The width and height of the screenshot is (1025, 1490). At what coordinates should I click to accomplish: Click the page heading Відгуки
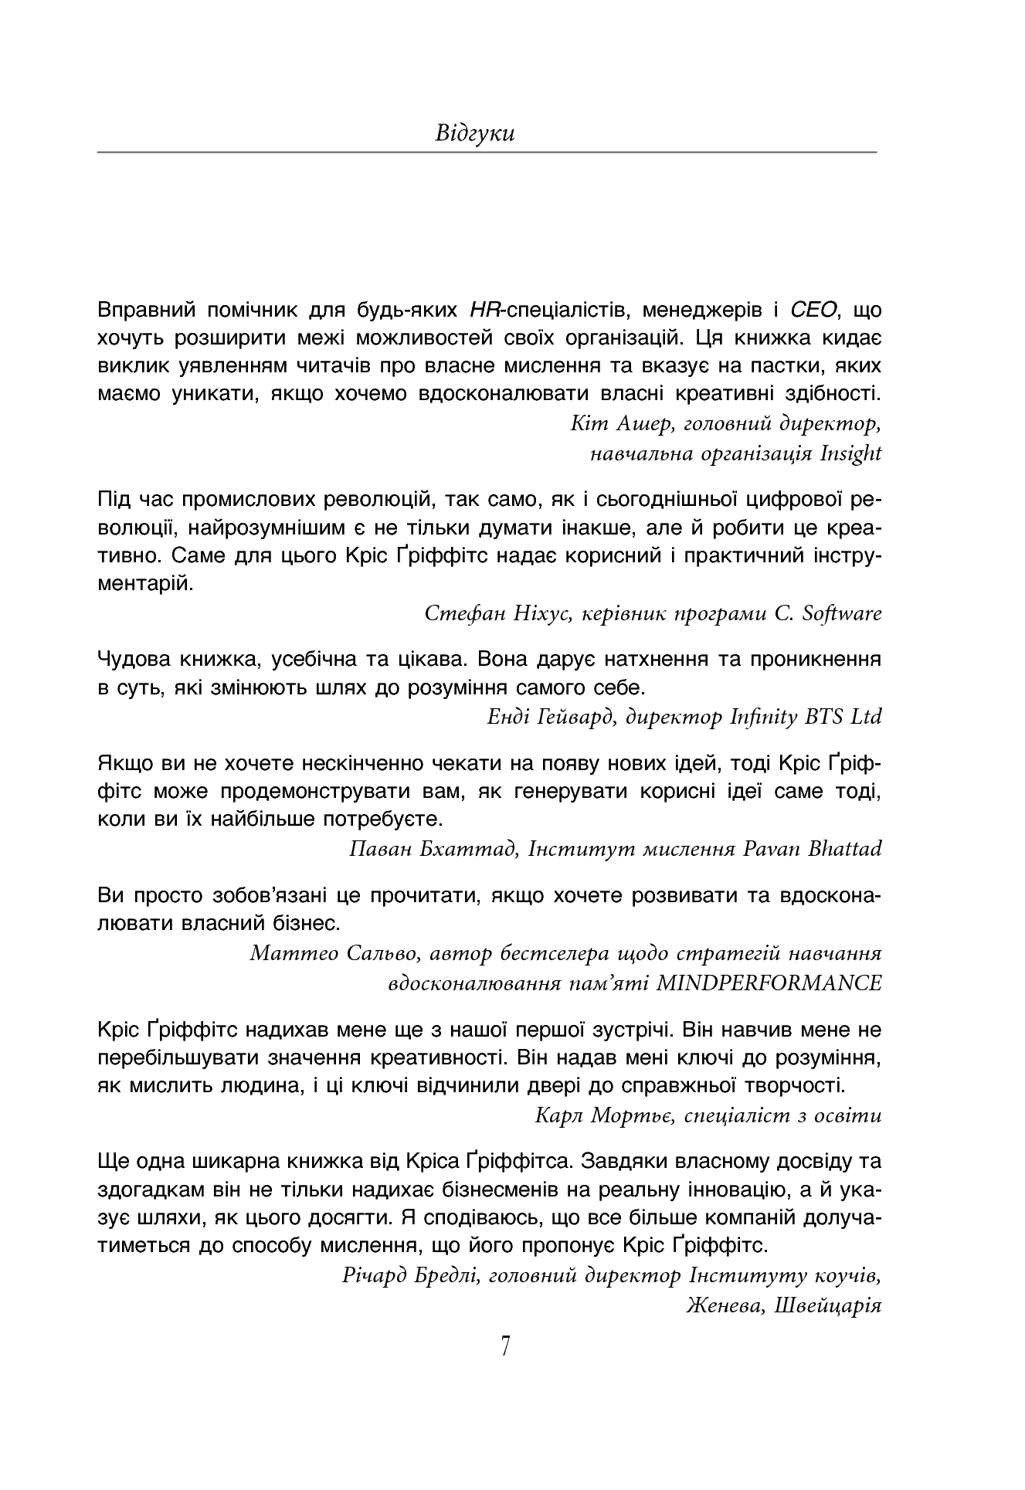(475, 134)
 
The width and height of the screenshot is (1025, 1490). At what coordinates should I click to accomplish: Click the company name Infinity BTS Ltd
(806, 717)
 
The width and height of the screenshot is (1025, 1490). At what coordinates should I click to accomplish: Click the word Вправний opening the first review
(146, 311)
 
